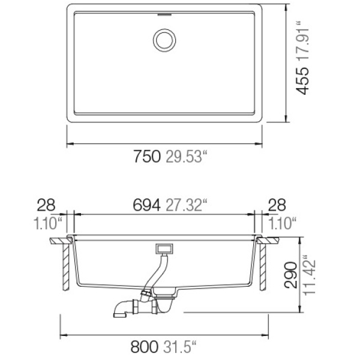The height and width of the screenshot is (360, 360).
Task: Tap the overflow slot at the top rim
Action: coord(164,14)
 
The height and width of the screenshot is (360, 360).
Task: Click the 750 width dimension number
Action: coord(147,157)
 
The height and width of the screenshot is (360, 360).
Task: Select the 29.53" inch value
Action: coord(187,157)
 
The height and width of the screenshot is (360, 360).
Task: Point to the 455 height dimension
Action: coord(302,80)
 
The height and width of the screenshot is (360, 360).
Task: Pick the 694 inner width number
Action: coord(146,205)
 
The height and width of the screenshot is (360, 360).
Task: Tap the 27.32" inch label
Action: coord(187,205)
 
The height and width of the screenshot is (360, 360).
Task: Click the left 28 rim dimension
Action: coord(46,205)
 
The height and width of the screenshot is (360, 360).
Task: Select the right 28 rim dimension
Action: coord(277,205)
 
